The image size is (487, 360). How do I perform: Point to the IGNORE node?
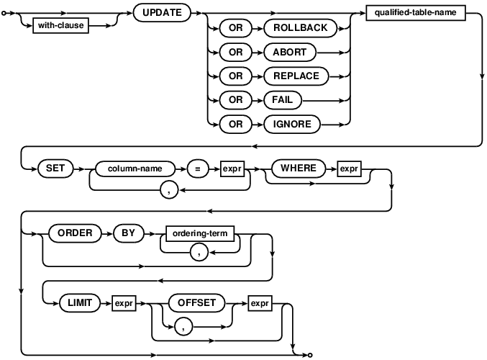click(x=292, y=124)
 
